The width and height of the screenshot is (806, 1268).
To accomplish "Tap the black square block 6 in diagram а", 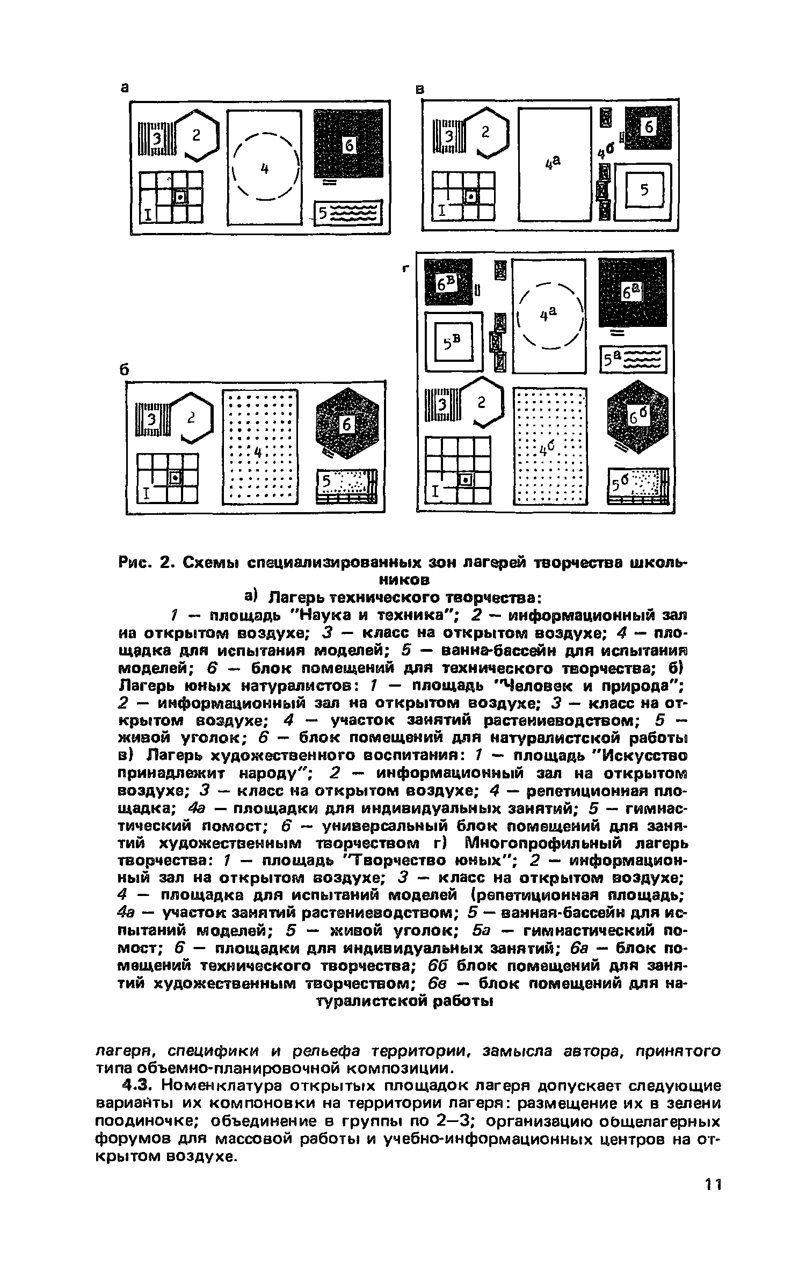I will (x=348, y=143).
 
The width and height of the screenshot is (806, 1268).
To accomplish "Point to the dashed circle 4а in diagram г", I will (x=548, y=317).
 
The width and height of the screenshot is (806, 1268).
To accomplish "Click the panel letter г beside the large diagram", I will (x=406, y=270).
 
